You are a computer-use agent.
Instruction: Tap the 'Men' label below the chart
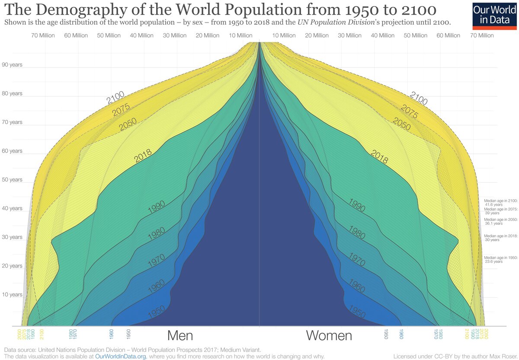tap(180, 336)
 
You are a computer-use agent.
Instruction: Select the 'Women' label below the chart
tap(329, 336)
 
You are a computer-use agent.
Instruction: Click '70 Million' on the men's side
tap(43, 35)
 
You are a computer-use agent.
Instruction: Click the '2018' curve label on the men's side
tap(143, 156)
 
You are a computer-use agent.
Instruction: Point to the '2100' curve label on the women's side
tap(418, 99)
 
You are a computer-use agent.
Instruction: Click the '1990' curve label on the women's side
tap(356, 205)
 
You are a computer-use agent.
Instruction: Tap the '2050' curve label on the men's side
tap(128, 124)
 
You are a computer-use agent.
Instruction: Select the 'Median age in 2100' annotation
tap(500, 202)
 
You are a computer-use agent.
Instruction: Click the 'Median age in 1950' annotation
tap(500, 259)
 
